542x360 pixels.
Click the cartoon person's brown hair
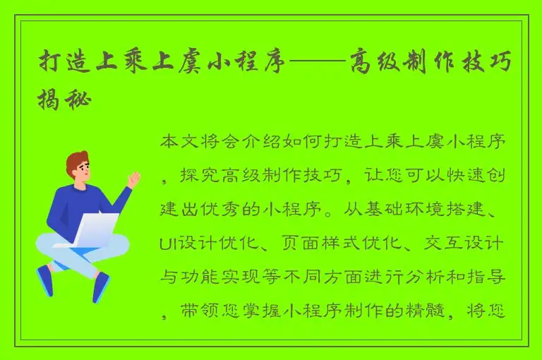point(76,160)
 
